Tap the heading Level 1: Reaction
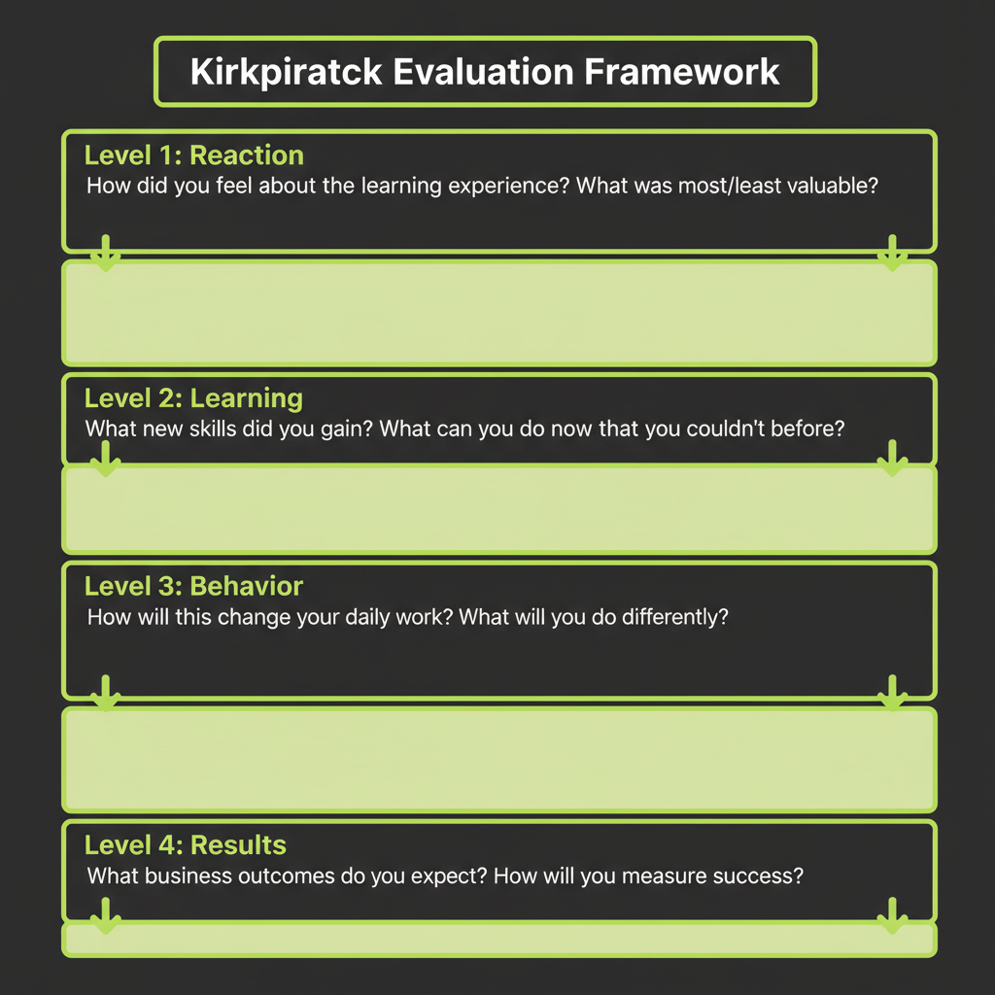click(x=193, y=155)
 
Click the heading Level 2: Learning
click(x=193, y=398)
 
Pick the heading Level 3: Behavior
click(x=193, y=587)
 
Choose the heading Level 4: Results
click(x=185, y=844)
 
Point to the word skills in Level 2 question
click(x=204, y=429)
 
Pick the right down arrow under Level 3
click(x=891, y=692)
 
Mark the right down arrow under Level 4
click(x=891, y=915)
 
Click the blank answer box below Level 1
click(x=498, y=312)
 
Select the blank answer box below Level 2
click(x=498, y=509)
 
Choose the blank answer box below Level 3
click(x=498, y=759)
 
